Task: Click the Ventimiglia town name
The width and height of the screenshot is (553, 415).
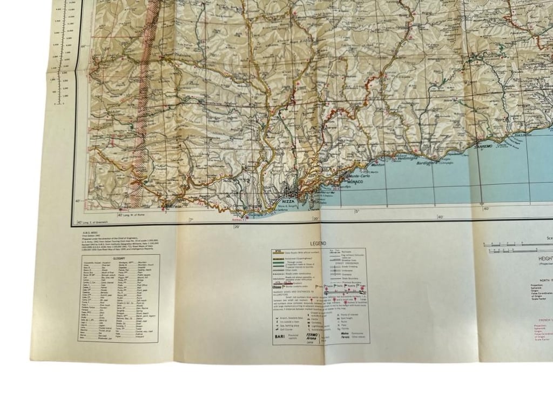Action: pos(407,159)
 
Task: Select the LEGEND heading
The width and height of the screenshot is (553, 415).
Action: pos(318,244)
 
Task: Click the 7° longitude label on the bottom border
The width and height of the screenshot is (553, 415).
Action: pos(190,220)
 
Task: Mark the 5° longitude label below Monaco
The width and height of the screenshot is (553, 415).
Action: pos(357,211)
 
